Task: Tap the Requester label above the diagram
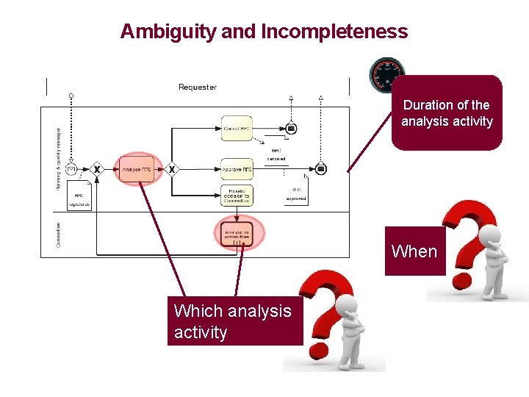[x=198, y=87]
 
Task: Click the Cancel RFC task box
[x=237, y=129]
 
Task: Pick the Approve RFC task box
[x=237, y=169]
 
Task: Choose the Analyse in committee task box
[x=237, y=234]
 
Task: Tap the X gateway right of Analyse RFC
[x=171, y=169]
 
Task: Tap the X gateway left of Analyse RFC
[x=96, y=169]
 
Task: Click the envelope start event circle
[x=71, y=169]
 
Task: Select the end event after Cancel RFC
[x=291, y=129]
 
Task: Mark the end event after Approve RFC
[x=321, y=169]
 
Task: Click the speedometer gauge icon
[x=386, y=74]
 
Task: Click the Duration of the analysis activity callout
[x=447, y=113]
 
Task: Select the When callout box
[x=414, y=251]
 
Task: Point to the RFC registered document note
[x=79, y=197]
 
